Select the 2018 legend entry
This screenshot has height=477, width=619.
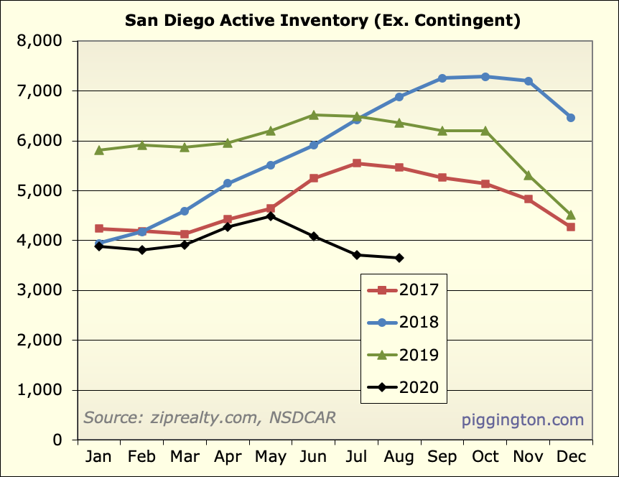tap(403, 323)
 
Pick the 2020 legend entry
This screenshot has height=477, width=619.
tap(403, 389)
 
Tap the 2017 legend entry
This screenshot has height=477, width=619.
tap(403, 290)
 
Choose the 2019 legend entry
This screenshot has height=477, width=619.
tap(403, 355)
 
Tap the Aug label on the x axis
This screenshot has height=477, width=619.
tap(399, 457)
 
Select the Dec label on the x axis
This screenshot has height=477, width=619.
tap(571, 457)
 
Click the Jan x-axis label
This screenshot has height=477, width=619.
tap(99, 457)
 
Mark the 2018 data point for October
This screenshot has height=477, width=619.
tap(485, 77)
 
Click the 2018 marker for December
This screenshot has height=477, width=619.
tap(571, 118)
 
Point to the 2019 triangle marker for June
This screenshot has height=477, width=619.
tap(314, 115)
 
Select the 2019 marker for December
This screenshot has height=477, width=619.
tap(571, 215)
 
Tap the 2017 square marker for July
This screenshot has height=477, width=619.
tap(357, 164)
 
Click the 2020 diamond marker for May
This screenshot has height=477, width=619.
tap(271, 216)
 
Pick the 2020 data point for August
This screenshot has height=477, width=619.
tap(399, 258)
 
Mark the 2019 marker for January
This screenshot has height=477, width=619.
tap(99, 150)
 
